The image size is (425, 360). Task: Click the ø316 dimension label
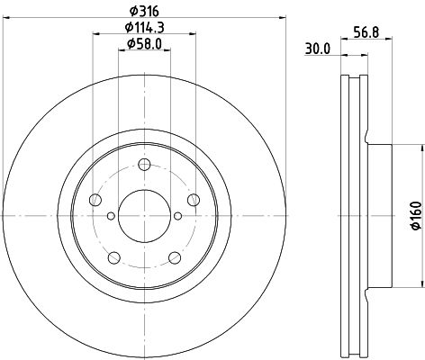point(144,12)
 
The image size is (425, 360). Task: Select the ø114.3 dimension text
point(144,28)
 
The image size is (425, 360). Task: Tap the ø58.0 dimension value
point(144,44)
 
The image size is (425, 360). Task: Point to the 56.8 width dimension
point(366,32)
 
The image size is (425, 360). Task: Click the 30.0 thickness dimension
point(318,49)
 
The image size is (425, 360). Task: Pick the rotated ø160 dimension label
point(416,216)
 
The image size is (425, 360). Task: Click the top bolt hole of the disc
point(144,165)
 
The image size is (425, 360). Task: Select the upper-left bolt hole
point(95,200)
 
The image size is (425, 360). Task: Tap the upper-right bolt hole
point(194,200)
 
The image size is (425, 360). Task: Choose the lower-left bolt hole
point(114,257)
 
